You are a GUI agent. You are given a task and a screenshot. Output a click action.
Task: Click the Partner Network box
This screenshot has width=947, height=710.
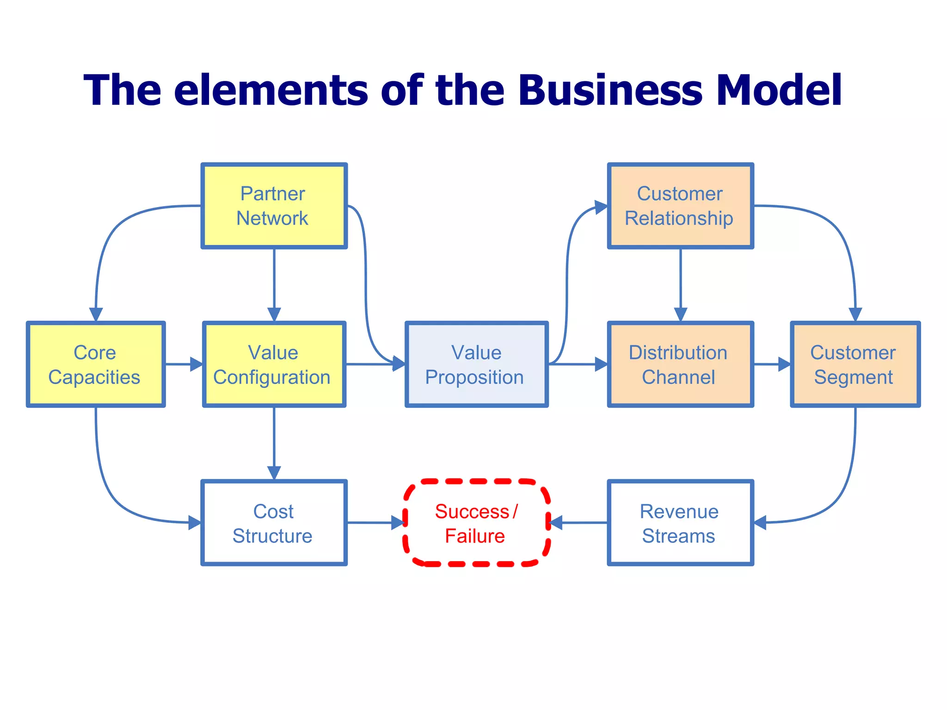tap(274, 206)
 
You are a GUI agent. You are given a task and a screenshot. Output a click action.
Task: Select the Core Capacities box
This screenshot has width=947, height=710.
tap(96, 364)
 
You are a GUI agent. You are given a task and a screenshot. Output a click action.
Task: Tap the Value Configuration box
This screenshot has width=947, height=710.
tap(274, 364)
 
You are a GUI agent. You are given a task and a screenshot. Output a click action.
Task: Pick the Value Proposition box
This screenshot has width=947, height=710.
tap(476, 364)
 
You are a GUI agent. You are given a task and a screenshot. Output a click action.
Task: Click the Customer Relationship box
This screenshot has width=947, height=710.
tap(680, 206)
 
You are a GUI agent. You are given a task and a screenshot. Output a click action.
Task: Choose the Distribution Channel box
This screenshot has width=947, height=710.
tap(680, 364)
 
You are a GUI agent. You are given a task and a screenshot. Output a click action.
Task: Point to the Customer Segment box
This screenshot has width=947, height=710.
tap(855, 364)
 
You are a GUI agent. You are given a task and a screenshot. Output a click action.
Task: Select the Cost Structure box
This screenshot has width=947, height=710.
tap(274, 523)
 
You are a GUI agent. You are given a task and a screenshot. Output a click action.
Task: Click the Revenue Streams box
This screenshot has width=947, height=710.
tap(680, 523)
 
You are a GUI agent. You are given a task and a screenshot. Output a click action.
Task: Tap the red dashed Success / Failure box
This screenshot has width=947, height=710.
tap(476, 523)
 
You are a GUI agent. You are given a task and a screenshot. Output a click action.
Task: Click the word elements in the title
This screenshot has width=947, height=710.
tap(271, 90)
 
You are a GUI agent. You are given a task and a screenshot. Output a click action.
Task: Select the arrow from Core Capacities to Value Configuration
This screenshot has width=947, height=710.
tap(184, 364)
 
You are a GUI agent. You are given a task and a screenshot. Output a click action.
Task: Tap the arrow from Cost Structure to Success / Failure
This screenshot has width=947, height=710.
tap(375, 523)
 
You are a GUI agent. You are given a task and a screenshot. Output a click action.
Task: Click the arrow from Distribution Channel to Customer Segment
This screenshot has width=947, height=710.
tap(771, 364)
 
